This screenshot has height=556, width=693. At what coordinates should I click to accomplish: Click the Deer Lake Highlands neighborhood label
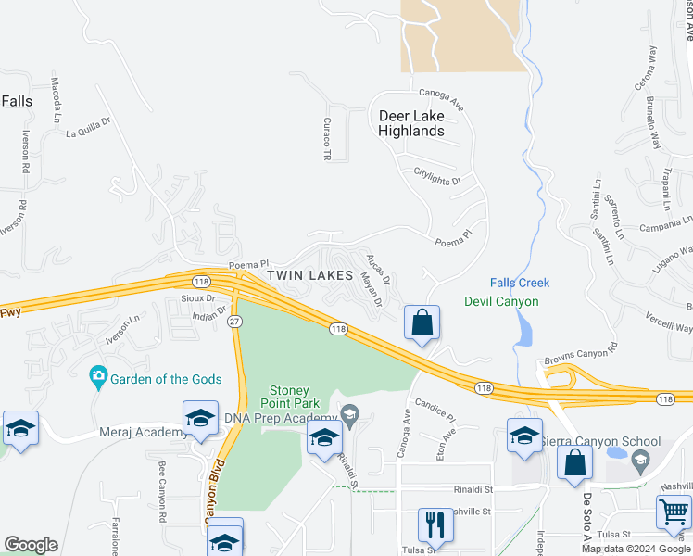410,123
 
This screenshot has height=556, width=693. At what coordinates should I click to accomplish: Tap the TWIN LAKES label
310,275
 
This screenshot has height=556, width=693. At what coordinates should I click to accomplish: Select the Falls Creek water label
520,283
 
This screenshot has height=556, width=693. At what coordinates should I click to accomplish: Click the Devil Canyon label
501,301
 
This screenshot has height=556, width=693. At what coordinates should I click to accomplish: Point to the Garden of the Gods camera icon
98,377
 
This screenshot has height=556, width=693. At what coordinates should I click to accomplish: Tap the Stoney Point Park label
294,397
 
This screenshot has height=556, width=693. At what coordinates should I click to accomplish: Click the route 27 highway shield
235,320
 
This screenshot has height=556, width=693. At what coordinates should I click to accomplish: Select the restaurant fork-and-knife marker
434,524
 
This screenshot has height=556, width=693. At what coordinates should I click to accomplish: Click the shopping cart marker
674,512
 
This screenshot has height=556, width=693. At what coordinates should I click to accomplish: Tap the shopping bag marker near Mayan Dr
422,323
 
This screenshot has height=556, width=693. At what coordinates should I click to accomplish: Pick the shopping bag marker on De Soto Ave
574,463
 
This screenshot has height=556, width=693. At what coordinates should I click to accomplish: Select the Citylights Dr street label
436,176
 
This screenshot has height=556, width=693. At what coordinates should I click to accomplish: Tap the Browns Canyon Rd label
581,354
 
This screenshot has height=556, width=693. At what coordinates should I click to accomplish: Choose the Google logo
31,545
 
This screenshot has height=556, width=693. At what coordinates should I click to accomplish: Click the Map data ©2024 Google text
635,549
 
